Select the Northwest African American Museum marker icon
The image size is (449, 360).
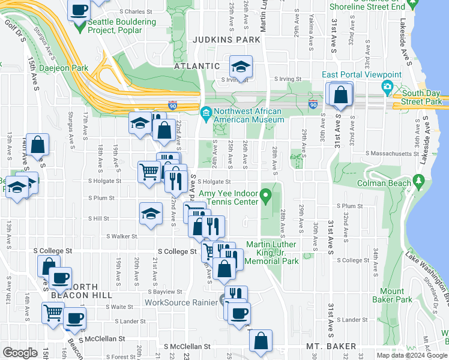[x=206, y=113]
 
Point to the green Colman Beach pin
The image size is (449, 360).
[x=418, y=181]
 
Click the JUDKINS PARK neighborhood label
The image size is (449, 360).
[x=226, y=40]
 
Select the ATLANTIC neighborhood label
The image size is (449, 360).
[x=197, y=66]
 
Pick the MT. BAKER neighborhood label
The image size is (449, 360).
[x=331, y=346]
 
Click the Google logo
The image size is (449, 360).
[x=20, y=353]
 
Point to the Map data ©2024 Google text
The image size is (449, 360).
[x=411, y=355]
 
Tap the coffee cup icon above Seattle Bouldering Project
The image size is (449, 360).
[x=79, y=10]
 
